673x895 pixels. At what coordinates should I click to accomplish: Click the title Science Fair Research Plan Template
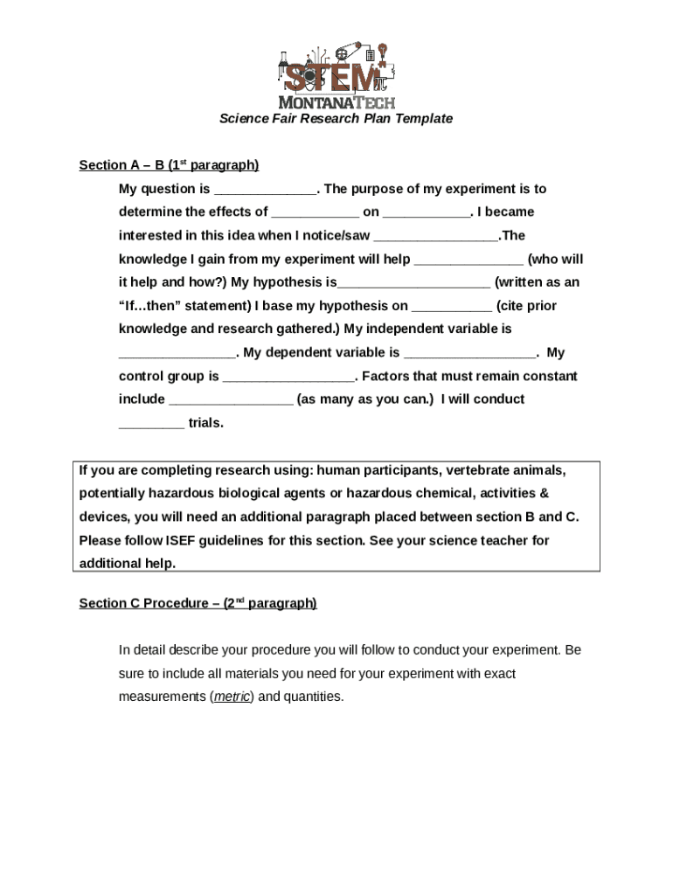tap(336, 118)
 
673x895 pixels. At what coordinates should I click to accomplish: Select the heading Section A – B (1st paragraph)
tap(169, 165)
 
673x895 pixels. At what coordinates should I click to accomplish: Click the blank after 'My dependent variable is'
tap(471, 354)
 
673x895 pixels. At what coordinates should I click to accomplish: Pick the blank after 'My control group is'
tap(288, 378)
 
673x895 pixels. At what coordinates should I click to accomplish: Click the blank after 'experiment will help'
tap(468, 260)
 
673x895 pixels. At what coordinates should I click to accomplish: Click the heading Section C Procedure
tap(198, 603)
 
